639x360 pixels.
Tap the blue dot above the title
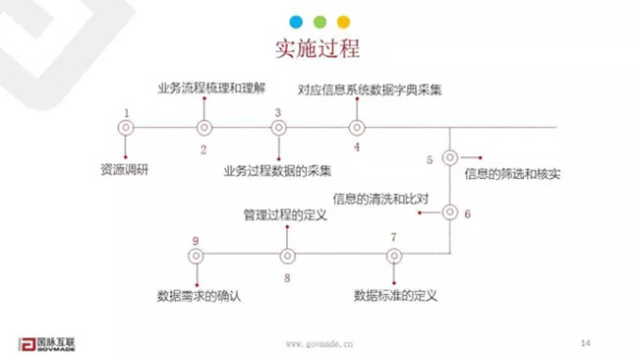(296, 20)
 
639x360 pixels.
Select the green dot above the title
(319, 20)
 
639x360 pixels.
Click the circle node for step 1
(126, 127)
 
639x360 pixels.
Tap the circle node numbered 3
(279, 127)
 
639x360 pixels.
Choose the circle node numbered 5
(450, 157)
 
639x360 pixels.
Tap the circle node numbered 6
(450, 211)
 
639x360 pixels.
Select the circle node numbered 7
(394, 255)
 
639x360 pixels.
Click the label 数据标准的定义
(395, 294)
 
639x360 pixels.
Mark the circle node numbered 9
(196, 255)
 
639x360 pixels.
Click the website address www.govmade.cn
(319, 344)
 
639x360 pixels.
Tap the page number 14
(585, 342)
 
